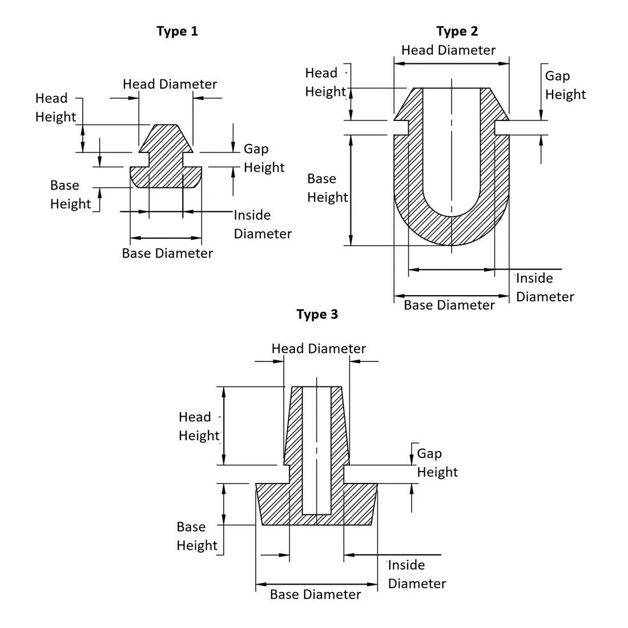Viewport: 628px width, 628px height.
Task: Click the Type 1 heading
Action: [177, 31]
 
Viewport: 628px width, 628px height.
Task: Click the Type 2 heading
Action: [457, 31]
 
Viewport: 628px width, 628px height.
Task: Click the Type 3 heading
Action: [317, 315]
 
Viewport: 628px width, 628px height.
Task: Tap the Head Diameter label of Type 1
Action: [170, 84]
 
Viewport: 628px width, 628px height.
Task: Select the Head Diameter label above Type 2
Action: [449, 50]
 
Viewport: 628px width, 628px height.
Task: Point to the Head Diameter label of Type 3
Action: [319, 348]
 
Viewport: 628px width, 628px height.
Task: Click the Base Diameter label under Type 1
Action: [167, 253]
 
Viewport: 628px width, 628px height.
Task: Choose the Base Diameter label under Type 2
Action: [449, 305]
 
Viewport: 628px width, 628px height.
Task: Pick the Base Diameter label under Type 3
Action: [316, 594]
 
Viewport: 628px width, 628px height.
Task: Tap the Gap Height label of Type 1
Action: [264, 158]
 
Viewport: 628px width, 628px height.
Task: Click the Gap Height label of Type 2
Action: [565, 85]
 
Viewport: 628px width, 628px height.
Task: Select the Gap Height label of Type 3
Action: [437, 462]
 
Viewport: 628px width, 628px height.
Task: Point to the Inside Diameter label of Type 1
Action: [263, 224]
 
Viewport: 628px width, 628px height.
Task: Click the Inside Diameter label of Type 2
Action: [545, 287]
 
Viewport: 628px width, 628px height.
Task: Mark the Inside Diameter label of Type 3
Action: [417, 574]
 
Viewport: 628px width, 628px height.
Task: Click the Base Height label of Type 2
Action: [328, 188]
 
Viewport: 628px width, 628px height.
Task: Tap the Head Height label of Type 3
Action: [199, 426]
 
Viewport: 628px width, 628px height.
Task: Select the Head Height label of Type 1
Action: [56, 107]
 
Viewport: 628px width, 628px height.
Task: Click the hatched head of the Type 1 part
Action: [166, 139]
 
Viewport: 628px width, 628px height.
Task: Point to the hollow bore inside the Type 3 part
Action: [316, 450]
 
